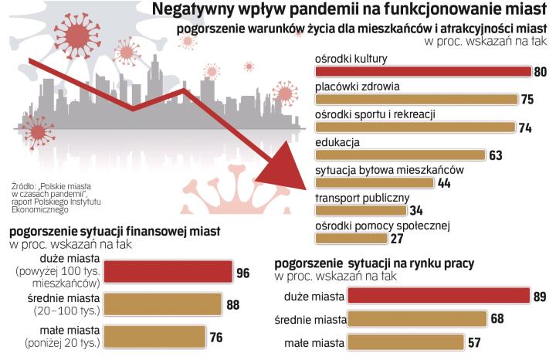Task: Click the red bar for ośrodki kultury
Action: coord(423,72)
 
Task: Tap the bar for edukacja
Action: coord(401,155)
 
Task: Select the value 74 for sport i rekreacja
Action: coord(526,127)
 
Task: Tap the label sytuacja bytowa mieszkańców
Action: coord(389,170)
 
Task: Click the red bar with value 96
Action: coord(168,271)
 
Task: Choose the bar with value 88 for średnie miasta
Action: coord(162,304)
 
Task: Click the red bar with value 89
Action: coord(438,296)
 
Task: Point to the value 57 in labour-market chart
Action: coord(476,342)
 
